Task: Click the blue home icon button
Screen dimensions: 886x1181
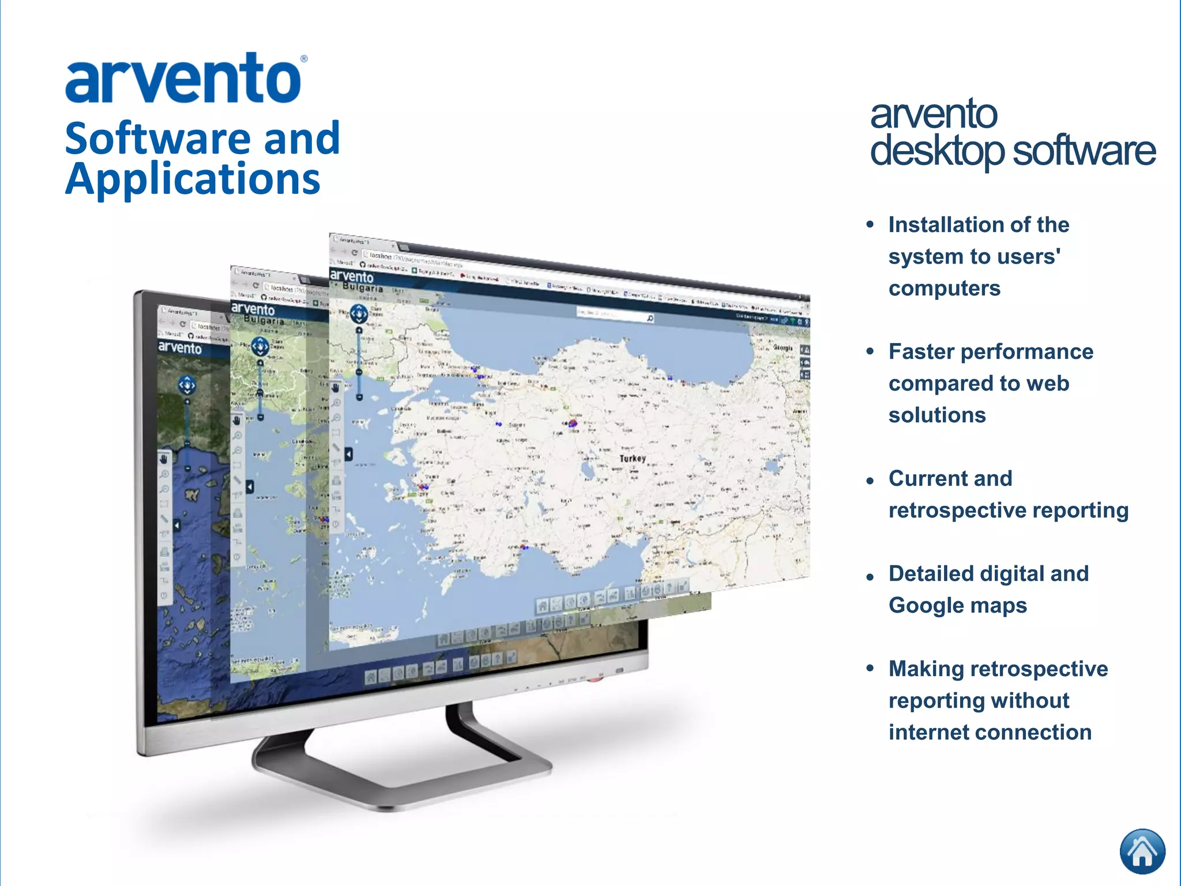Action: click(x=1142, y=851)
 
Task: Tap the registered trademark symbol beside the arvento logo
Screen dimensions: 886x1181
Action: click(x=304, y=59)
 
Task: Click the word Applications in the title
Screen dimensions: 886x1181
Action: click(x=193, y=179)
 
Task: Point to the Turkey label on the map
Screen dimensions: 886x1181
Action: click(x=633, y=459)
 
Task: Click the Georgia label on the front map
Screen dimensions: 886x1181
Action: click(x=783, y=348)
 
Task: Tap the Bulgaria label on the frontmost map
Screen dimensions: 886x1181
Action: click(x=363, y=287)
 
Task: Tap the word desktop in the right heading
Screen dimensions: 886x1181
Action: click(x=937, y=151)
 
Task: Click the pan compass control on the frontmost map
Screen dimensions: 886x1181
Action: click(x=359, y=314)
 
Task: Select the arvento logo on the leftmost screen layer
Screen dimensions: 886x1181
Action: click(x=180, y=347)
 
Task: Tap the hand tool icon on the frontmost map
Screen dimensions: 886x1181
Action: click(x=336, y=388)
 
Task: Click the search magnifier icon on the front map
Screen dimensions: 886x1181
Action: click(x=650, y=318)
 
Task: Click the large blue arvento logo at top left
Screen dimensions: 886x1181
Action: click(x=183, y=80)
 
